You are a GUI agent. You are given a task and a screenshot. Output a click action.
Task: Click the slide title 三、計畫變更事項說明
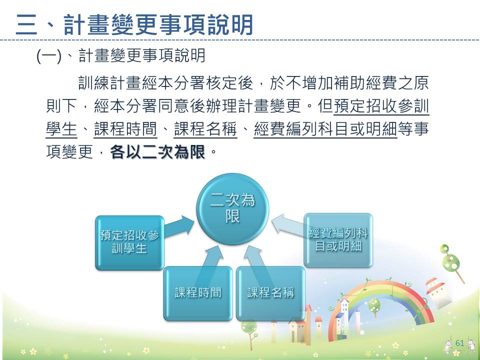pos(134,24)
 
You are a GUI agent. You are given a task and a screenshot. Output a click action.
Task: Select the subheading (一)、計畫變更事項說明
pos(120,55)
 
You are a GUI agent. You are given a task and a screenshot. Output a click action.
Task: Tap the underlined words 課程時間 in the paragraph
pos(125,129)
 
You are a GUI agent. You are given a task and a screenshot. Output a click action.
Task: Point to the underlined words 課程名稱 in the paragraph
pos(205,129)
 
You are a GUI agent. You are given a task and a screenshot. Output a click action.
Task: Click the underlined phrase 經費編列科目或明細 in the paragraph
pos(325,129)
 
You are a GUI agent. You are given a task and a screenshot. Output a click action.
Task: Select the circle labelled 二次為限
pos(232,209)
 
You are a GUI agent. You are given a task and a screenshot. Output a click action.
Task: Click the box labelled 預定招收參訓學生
pos(130,243)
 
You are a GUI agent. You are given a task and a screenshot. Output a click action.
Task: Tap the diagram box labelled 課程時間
pos(198,293)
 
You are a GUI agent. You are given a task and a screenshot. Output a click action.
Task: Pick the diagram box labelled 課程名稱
pos(270,293)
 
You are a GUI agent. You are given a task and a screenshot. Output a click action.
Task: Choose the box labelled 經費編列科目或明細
pos(338,240)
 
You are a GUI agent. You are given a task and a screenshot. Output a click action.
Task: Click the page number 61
pos(460,343)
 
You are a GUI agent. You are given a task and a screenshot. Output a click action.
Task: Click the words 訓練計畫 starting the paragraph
pos(109,83)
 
